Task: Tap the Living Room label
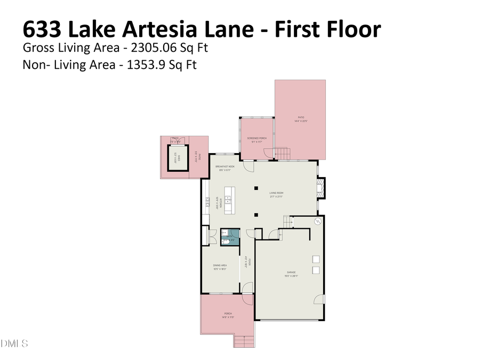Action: point(276,194)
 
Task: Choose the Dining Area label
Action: point(220,267)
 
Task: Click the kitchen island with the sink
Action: point(229,201)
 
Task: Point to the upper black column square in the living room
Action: point(256,187)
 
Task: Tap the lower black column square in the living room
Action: point(256,214)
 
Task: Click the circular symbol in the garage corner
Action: point(318,222)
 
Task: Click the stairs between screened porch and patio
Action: point(282,154)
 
